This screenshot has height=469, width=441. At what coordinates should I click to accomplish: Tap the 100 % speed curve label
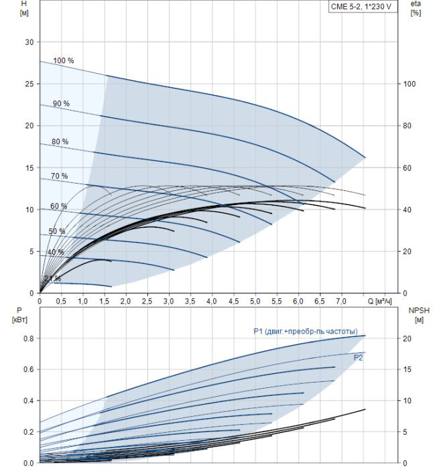pyautogui.click(x=64, y=61)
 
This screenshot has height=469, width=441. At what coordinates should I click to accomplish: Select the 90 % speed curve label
pyautogui.click(x=61, y=103)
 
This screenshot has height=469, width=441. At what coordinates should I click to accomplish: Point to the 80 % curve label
pyautogui.click(x=60, y=141)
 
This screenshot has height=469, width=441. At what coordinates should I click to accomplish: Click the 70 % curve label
pyautogui.click(x=59, y=176)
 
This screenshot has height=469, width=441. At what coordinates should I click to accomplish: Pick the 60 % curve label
pyautogui.click(x=58, y=206)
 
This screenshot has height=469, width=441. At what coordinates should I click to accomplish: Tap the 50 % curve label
pyautogui.click(x=57, y=231)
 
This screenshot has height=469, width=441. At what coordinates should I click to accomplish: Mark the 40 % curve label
pyautogui.click(x=56, y=252)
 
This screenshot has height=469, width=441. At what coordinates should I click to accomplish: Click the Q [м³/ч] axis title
pyautogui.click(x=383, y=301)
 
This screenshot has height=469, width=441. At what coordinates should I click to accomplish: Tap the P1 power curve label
pyautogui.click(x=308, y=331)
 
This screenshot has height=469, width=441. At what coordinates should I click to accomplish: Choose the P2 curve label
pyautogui.click(x=359, y=358)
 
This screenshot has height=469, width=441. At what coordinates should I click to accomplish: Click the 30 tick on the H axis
pyautogui.click(x=29, y=42)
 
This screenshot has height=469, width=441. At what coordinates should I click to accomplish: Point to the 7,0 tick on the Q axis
pyautogui.click(x=341, y=301)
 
